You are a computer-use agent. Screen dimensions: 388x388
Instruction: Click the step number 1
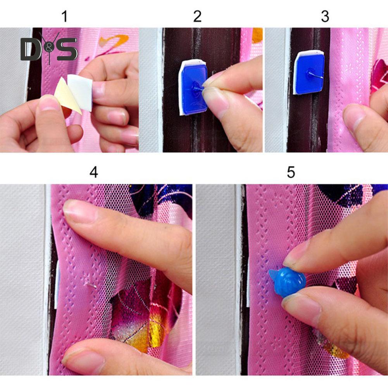[65, 16]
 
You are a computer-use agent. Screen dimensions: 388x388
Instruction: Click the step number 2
[197, 16]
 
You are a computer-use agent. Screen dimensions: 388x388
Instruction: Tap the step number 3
[325, 16]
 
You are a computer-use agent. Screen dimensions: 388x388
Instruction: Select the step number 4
[94, 172]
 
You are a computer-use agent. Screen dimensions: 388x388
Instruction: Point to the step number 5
[291, 172]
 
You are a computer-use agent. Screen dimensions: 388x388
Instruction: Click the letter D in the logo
[30, 49]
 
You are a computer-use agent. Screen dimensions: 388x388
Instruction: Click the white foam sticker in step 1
[80, 92]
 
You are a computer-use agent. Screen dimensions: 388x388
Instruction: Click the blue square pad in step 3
[310, 73]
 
